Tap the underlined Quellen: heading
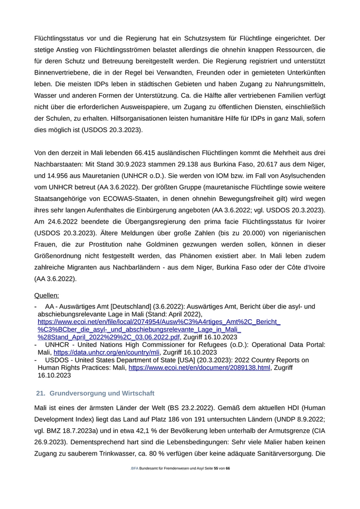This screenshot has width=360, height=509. coord(46,296)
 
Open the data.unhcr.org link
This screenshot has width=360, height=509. coord(106,352)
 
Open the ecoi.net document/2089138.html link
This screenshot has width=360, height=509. coord(199,368)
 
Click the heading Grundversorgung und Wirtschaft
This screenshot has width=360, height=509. coord(101,393)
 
